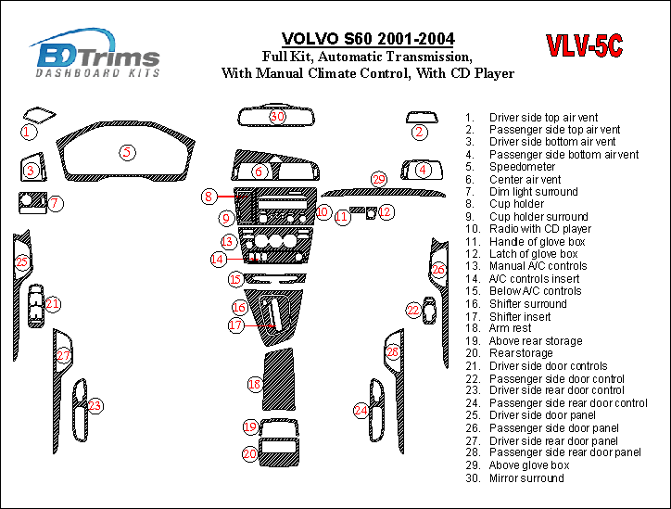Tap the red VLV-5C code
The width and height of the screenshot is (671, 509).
584,46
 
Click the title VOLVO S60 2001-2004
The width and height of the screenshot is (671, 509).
368,39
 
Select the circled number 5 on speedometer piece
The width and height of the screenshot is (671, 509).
127,152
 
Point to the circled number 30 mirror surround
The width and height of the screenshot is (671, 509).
277,117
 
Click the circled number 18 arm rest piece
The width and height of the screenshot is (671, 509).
254,384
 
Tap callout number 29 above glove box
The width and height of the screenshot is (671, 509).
378,179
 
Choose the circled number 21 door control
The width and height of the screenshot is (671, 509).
53,303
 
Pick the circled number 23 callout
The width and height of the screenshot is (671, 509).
95,405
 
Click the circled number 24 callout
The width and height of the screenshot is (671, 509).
361,410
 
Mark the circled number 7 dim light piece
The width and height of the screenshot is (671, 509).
56,203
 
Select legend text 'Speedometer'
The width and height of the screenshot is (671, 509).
523,167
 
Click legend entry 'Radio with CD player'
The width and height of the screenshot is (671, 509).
540,229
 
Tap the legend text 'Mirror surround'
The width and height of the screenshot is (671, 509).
526,478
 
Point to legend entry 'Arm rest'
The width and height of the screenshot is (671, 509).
512,328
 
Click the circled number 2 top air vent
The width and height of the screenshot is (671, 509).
420,133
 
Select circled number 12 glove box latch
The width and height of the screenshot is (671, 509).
386,212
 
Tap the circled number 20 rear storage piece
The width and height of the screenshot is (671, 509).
250,453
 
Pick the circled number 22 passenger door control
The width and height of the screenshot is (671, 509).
413,311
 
